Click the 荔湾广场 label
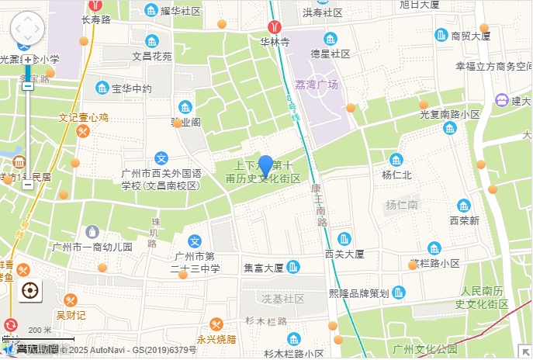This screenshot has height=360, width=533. (318, 85)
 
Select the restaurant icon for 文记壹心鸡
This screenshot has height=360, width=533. (82, 132)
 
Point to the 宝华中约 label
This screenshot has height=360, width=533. (132, 88)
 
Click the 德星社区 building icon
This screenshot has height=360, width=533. (331, 39)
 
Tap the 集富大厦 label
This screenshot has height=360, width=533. (263, 268)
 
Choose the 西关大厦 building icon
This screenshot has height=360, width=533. (344, 238)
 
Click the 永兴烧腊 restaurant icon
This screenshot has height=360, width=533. (216, 324)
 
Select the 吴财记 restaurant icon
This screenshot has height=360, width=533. (71, 300)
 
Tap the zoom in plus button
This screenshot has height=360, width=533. (28, 59)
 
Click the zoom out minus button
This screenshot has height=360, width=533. (28, 185)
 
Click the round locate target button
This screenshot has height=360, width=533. (30, 291)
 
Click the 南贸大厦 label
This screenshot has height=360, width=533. (471, 36)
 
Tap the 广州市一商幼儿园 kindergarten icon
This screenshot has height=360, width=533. (92, 231)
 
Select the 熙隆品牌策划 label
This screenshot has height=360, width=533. (358, 293)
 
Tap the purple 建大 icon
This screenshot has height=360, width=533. (501, 100)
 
